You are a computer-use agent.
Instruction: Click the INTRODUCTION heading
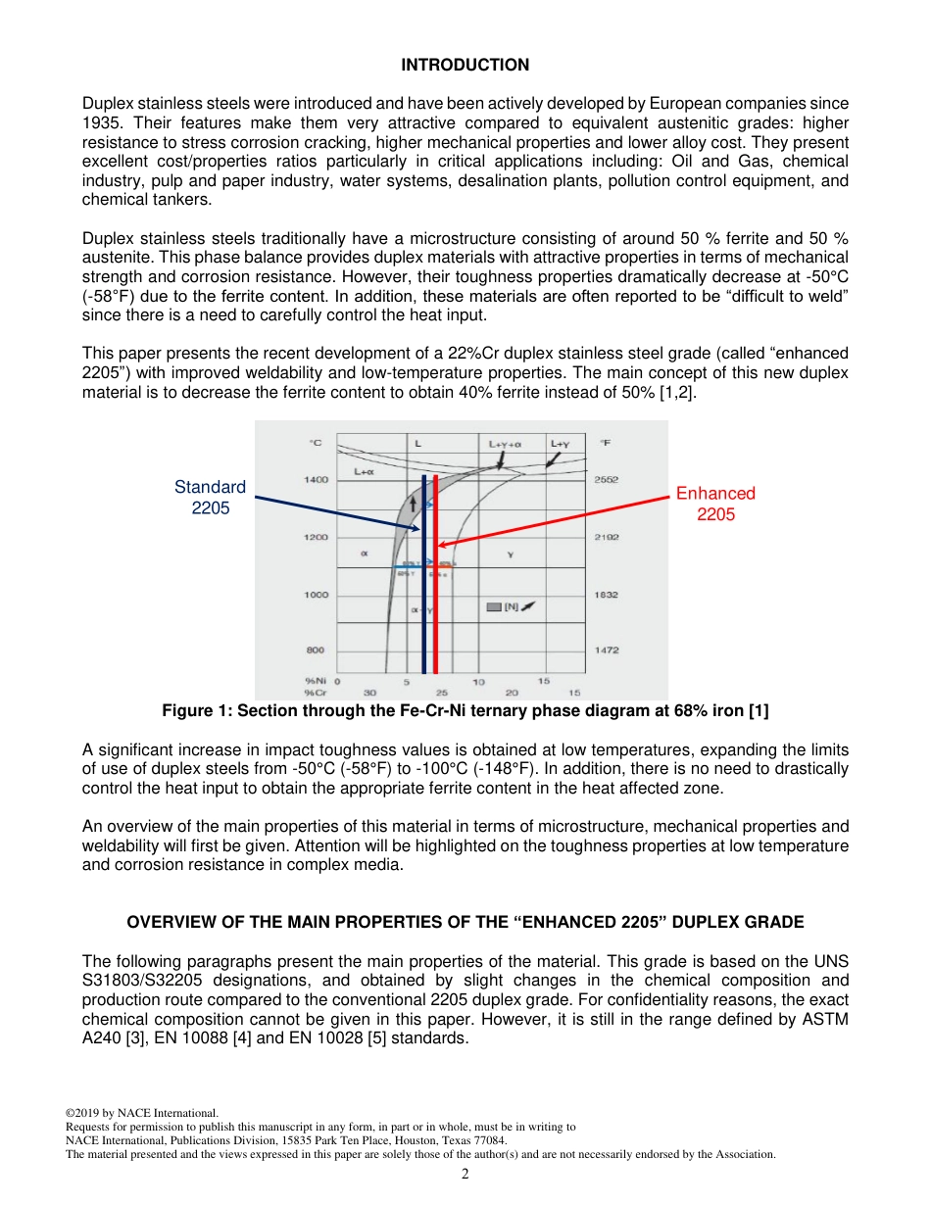click(x=465, y=65)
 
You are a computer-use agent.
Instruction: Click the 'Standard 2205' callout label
click(x=210, y=498)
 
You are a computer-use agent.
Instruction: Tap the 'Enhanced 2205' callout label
click(x=715, y=504)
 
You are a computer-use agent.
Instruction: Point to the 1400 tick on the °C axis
click(x=316, y=480)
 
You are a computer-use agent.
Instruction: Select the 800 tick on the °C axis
click(x=316, y=651)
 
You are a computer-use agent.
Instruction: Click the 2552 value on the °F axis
click(x=607, y=480)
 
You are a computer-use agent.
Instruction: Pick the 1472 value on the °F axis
click(x=607, y=651)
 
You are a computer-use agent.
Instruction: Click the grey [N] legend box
click(x=495, y=607)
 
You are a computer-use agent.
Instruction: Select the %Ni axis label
click(x=316, y=680)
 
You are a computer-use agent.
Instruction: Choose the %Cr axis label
click(x=316, y=692)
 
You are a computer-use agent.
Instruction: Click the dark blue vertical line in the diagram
click(x=423, y=627)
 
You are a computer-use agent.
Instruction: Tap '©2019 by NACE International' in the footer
click(x=141, y=1113)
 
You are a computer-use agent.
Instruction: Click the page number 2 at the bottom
click(x=465, y=1175)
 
